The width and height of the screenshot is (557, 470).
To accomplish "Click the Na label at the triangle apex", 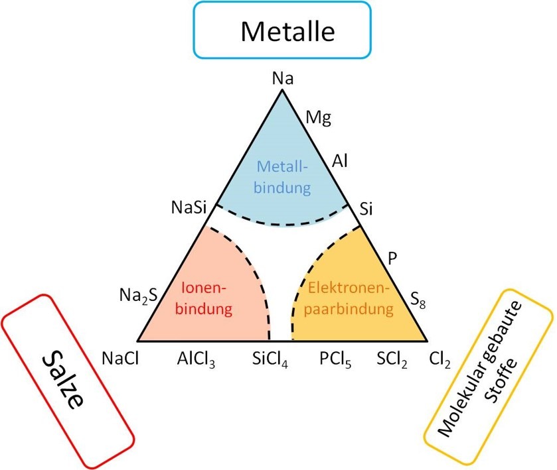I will point(283,79).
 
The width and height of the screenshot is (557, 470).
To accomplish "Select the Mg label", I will point(318,119).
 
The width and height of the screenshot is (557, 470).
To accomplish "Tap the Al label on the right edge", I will point(340,160).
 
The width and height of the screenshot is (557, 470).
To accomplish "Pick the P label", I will point(392,258).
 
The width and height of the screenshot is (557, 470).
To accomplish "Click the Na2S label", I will point(137,294).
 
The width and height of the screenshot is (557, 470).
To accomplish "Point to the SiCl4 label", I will point(270,359).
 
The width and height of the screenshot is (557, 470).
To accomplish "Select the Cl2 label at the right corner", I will point(440,359).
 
